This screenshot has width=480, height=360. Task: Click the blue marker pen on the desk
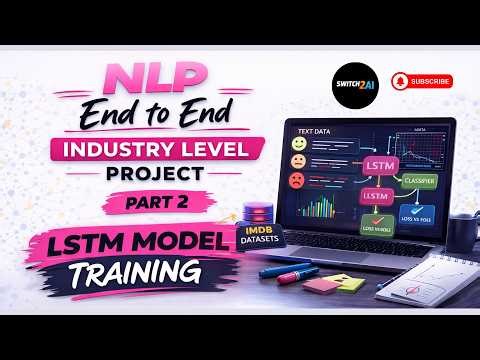286,268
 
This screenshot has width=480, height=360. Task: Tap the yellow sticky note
347,284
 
